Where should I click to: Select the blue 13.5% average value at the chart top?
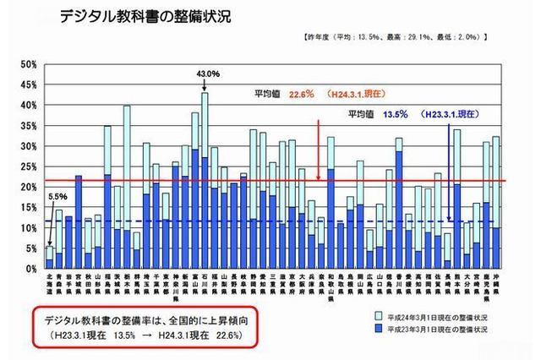[396, 112]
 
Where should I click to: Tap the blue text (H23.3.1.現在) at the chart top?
[448, 112]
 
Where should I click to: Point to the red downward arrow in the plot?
[318, 148]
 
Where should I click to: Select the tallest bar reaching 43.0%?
[205, 181]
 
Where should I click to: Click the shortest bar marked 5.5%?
[50, 258]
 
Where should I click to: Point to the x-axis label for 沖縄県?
[496, 281]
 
